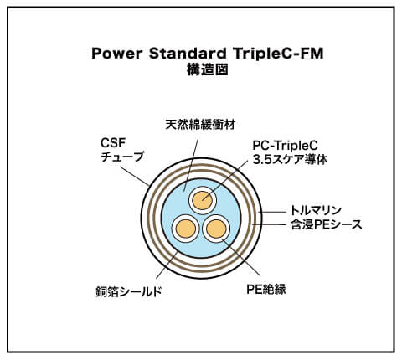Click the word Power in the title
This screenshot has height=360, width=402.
[x=117, y=54]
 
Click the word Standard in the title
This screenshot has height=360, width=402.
[x=188, y=54]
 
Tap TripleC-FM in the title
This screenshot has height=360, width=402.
[x=278, y=54]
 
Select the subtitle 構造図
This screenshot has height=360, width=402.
[x=208, y=69]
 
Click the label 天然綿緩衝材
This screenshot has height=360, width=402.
[x=200, y=125]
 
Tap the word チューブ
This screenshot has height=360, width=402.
[x=122, y=157]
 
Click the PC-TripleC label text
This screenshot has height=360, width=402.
[x=285, y=146]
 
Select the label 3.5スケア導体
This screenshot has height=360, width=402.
[x=290, y=159]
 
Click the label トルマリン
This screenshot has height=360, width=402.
[x=316, y=210]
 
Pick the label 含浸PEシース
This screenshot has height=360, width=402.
[x=327, y=224]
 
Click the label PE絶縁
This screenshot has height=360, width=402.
[x=266, y=289]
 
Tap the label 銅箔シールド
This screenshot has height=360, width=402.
[x=129, y=292]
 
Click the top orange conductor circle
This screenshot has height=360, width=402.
[x=203, y=200]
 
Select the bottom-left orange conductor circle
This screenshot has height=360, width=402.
[x=185, y=229]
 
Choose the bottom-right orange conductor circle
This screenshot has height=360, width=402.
[x=216, y=229]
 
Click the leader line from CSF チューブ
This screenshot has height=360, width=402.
[x=135, y=176]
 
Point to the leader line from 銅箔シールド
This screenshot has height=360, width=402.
[x=167, y=265]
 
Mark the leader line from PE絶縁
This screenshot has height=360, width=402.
[x=240, y=257]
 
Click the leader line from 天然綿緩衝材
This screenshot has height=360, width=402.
[x=191, y=165]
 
